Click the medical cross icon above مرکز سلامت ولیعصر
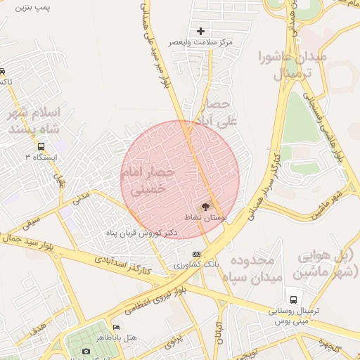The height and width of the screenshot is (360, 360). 201,31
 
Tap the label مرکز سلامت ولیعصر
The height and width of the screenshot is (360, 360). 201,42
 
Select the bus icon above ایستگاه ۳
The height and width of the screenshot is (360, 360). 41,146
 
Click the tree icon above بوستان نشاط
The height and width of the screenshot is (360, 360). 205,207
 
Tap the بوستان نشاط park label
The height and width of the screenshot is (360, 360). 205,218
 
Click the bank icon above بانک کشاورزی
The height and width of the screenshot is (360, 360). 196,254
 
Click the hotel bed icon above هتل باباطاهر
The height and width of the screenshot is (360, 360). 116,328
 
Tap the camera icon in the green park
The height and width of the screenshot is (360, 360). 86,351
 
